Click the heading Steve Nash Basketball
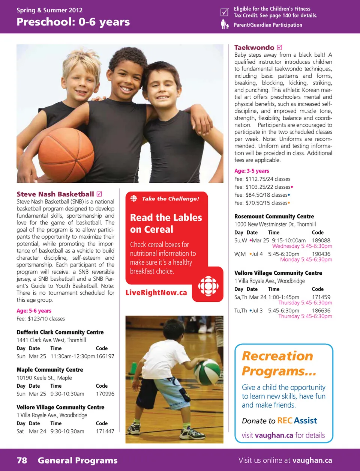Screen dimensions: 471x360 click(x=55, y=194)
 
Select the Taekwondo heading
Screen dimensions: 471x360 click(x=254, y=48)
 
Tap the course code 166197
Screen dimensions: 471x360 click(x=105, y=356)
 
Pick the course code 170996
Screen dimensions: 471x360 click(x=105, y=394)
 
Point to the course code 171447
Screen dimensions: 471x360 click(x=105, y=431)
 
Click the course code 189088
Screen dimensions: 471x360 click(x=321, y=240)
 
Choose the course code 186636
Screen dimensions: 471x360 click(x=321, y=310)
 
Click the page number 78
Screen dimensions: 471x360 click(x=22, y=460)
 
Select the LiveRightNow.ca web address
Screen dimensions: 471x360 click(x=156, y=293)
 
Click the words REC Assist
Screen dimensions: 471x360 click(x=297, y=421)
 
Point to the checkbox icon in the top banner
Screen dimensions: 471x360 click(x=224, y=12)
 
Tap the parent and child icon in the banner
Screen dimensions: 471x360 click(x=224, y=25)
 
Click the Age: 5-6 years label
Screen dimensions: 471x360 click(x=34, y=311)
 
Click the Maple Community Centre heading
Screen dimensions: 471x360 click(x=50, y=370)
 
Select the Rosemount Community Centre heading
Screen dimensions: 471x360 click(x=274, y=217)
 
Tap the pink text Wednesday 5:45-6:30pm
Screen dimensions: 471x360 click(x=302, y=246)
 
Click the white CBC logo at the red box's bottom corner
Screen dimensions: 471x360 click(x=208, y=286)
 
